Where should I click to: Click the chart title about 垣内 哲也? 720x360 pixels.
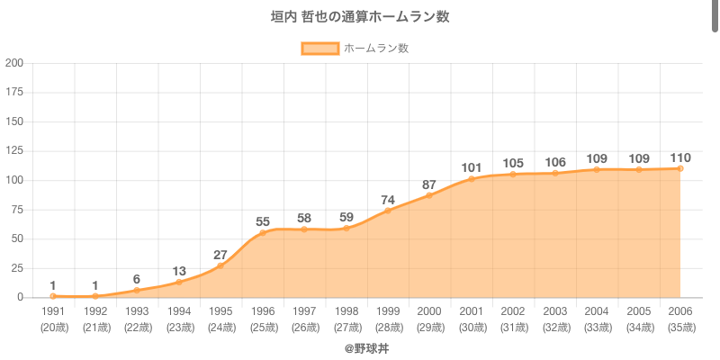pos(360,17)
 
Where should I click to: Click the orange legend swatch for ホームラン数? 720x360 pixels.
pos(319,48)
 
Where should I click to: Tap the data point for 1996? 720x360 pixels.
pos(263,232)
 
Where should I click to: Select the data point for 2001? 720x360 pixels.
pos(472,179)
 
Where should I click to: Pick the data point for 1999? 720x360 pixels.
pos(388,211)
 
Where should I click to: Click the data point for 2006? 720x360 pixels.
pos(680,168)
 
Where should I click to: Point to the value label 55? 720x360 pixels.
pos(263,221)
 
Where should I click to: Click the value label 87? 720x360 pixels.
pos(429,184)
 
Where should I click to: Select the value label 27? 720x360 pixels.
pos(220,255)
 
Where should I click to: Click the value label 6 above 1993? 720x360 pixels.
pos(137,279)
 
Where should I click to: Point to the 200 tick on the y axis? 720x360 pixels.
pos(14,63)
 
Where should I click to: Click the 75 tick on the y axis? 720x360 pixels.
pos(17,210)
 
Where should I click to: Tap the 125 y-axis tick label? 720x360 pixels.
pos(14,151)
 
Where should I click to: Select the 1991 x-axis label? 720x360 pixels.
pos(53,310)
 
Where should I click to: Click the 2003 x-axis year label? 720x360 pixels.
pos(555,310)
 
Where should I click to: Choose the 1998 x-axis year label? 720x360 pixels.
pos(346,310)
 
